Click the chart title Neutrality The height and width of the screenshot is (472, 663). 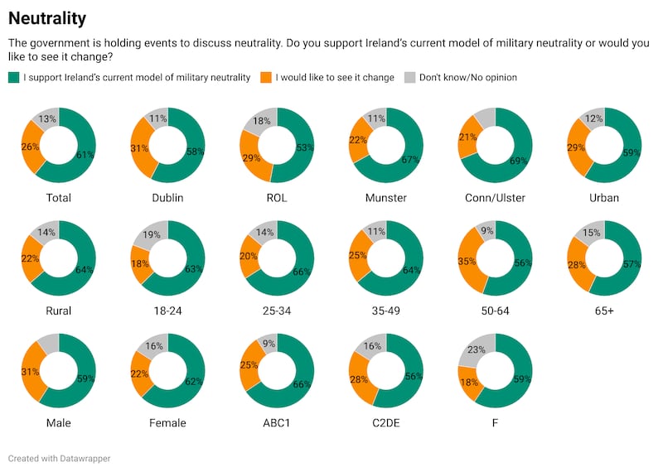47,17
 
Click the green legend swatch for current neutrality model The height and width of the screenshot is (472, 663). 13,78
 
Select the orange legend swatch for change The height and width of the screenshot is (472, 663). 266,78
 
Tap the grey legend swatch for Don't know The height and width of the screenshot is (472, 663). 409,78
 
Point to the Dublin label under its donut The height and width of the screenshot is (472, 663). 168,198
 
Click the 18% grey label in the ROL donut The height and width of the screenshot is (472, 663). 259,122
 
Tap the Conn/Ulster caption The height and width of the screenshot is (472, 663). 496,198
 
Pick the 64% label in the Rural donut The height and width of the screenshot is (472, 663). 85,269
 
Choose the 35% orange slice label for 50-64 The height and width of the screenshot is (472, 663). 467,260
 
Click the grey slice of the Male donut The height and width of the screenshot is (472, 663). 48,342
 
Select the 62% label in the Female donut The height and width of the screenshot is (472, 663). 195,381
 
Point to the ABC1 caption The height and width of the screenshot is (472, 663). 278,423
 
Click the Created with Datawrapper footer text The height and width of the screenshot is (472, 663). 59,458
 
